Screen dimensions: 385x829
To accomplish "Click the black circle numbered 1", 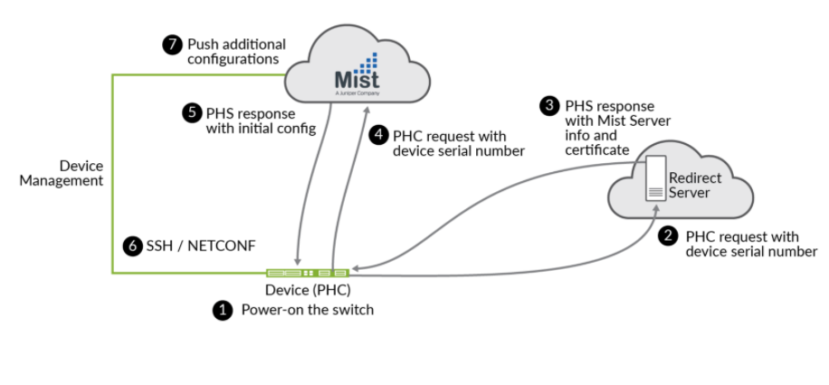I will (222, 310).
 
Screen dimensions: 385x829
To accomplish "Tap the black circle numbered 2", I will (668, 236).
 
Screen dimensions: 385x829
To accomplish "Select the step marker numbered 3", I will (549, 106).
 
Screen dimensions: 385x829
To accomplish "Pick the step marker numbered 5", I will (191, 113).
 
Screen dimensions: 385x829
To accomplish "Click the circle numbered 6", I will (132, 245).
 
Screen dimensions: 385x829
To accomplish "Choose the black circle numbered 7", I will (172, 45).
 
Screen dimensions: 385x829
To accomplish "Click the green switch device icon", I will (308, 272).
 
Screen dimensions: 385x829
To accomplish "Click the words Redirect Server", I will (695, 186).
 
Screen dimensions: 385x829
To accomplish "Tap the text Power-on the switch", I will (307, 310).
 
